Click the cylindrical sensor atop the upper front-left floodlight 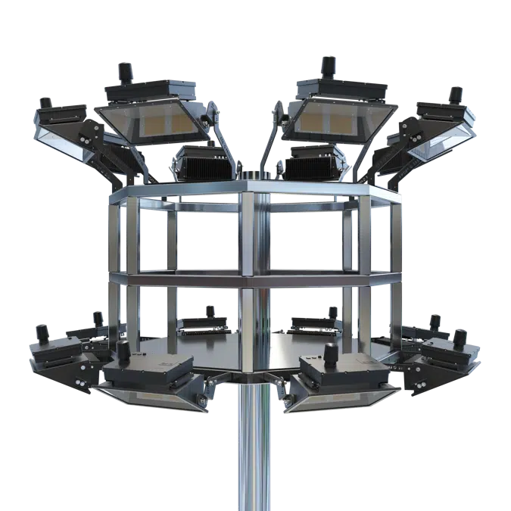124,73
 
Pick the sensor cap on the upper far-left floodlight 46,102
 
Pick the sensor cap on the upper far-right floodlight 456,94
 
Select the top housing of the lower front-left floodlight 149,370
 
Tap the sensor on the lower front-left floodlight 123,351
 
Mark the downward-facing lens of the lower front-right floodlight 344,398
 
